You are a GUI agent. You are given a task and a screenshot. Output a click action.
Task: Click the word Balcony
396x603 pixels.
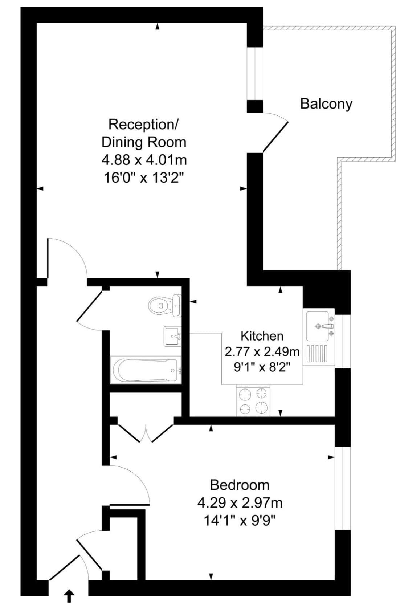coord(326,104)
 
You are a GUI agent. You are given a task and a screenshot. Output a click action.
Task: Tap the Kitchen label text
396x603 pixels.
coord(262,336)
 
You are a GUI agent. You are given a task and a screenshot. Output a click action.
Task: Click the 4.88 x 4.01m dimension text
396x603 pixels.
coord(144,160)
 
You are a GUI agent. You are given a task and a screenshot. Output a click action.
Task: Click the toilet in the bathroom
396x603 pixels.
coord(165,305)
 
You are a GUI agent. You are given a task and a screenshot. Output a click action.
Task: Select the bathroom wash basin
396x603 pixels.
coord(172,336)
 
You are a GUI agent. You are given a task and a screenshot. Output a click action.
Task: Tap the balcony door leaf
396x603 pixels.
coord(275,137)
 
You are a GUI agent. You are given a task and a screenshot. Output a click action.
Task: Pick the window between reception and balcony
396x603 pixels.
coord(255,74)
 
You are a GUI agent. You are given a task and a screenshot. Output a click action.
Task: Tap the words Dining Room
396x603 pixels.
coord(144,142)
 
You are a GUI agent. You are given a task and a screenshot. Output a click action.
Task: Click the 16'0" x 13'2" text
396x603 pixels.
coord(144,178)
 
